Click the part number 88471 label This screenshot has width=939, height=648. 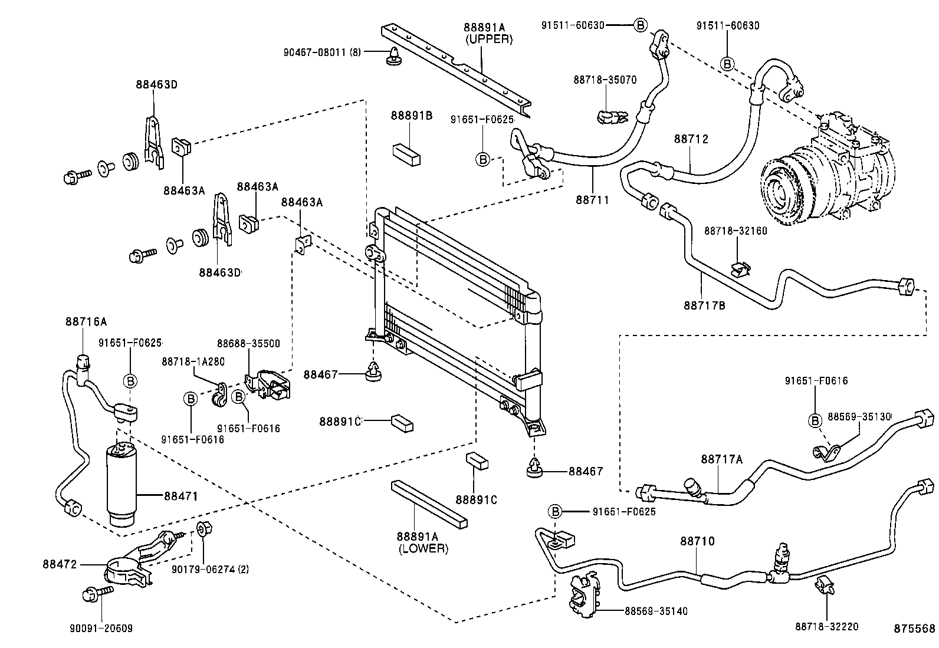click(x=180, y=496)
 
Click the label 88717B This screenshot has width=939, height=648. click(x=704, y=305)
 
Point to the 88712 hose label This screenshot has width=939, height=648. click(x=691, y=139)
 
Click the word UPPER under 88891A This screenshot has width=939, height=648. click(x=489, y=40)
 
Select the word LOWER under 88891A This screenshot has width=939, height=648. click(x=422, y=548)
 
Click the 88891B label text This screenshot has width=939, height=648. click(x=411, y=116)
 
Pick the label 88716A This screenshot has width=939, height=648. click(x=86, y=322)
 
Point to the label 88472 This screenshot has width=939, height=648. click(x=60, y=564)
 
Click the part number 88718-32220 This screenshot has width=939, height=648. click(x=826, y=626)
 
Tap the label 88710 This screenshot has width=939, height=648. click(x=697, y=541)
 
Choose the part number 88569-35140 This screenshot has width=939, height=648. click(x=656, y=611)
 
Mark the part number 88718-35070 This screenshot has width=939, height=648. click(x=605, y=80)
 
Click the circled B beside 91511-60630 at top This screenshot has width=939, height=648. click(x=641, y=25)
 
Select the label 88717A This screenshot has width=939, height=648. click(x=721, y=459)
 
